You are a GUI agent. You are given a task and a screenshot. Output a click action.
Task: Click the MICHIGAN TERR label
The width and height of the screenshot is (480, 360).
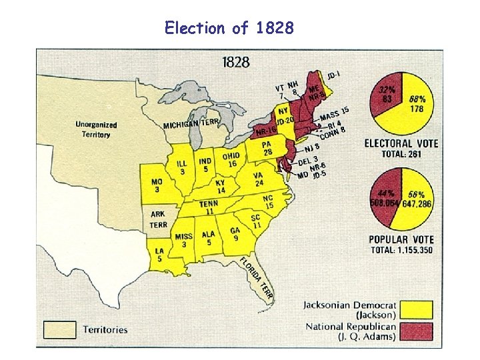point(191,124)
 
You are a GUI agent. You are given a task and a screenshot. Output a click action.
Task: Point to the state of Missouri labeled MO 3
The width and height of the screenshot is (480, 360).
point(157,185)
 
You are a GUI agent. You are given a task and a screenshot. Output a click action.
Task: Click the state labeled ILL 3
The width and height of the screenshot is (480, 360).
point(181,167)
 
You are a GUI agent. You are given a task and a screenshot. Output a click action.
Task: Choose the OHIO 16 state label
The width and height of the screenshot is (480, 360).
point(231,160)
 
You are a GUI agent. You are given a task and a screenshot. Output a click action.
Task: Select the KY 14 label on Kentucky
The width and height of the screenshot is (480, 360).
point(221,187)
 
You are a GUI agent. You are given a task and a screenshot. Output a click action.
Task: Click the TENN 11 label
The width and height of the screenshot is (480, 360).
point(209,207)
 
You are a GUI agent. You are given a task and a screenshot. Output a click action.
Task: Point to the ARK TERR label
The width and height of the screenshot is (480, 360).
point(158,219)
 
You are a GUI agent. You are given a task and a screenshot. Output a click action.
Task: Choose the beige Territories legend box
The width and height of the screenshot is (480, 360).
point(60,329)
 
